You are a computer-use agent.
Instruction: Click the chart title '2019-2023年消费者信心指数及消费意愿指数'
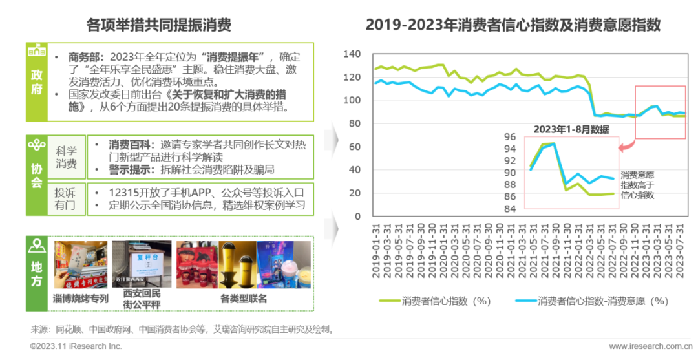(513, 25)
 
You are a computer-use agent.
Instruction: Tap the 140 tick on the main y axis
(352, 54)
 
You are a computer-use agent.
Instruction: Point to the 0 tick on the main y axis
(357, 217)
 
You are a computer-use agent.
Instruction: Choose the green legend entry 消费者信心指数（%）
(435, 301)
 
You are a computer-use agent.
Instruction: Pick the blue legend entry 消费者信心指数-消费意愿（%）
(591, 301)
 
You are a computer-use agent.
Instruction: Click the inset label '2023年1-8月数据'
(571, 129)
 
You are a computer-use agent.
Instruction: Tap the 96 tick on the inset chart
(510, 137)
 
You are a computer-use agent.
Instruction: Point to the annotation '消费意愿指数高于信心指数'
(637, 184)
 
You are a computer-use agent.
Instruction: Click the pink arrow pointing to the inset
(625, 147)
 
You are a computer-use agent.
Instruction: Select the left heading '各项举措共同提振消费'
(159, 25)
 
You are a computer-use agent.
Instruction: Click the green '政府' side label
(37, 82)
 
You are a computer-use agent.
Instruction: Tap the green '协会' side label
(37, 175)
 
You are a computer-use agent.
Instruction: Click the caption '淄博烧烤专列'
(81, 299)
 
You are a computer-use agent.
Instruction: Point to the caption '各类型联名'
(244, 299)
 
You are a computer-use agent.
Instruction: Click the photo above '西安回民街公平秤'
(142, 264)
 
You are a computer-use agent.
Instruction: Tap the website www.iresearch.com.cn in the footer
(646, 346)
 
